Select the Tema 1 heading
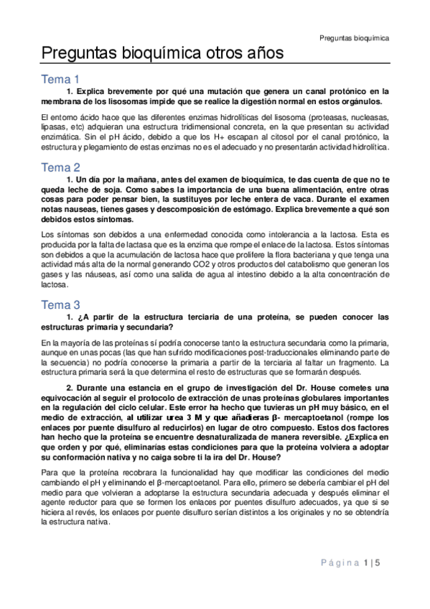click(61, 80)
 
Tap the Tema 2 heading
click(61, 168)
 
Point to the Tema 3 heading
click(61, 304)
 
